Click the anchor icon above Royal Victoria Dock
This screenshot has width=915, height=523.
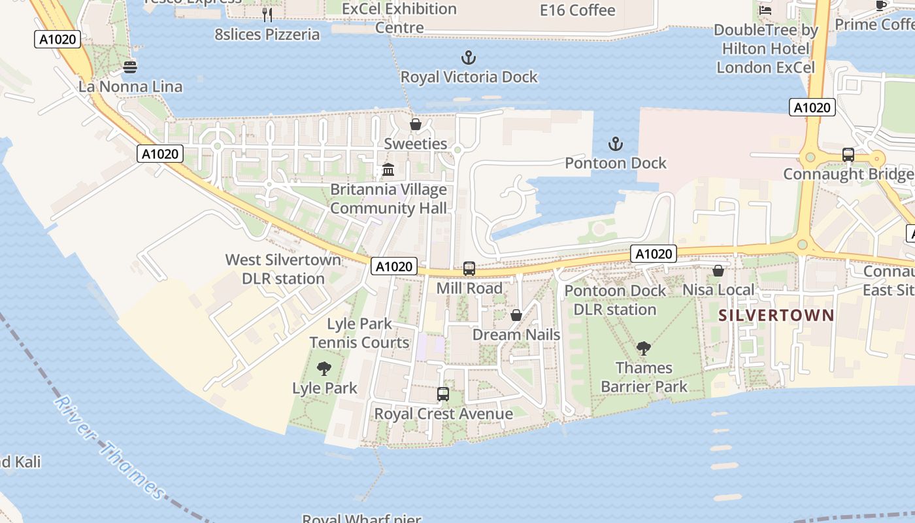pos(469,58)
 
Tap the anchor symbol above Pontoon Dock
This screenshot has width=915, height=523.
pos(615,144)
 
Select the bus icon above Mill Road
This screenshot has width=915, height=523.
pos(469,269)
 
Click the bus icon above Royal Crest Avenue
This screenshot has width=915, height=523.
pos(443,394)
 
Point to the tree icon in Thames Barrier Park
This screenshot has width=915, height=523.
pos(644,348)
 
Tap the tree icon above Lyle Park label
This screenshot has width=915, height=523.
pos(324,369)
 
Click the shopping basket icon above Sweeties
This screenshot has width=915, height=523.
pos(416,124)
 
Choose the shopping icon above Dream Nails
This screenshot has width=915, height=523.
pos(516,316)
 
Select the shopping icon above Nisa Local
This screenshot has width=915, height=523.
pos(718,271)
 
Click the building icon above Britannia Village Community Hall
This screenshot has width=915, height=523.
pos(388,170)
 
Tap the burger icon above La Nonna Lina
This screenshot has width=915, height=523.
pos(130,67)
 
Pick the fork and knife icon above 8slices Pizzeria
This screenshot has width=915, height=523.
pos(267,14)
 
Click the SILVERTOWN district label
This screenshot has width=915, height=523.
pos(776,316)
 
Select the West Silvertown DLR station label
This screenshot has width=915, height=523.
pos(283,269)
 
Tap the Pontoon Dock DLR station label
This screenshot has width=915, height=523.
pos(615,300)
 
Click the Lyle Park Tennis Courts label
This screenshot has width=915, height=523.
pos(359,333)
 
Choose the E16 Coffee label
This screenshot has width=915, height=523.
pos(578,10)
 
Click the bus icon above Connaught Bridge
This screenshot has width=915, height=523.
pos(848,155)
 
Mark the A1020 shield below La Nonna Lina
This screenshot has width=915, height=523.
pos(160,154)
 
